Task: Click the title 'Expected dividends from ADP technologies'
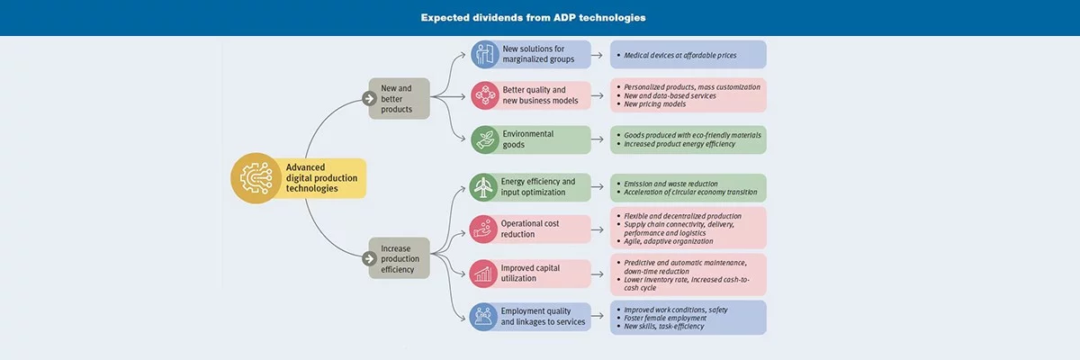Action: pyautogui.click(x=533, y=17)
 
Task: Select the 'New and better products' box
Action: pyautogui.click(x=397, y=98)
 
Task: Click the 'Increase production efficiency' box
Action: pyautogui.click(x=397, y=258)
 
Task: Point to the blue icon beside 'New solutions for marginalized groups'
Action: pyautogui.click(x=485, y=54)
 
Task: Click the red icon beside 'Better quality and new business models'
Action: pyautogui.click(x=485, y=95)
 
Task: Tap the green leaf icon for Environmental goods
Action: pyautogui.click(x=485, y=139)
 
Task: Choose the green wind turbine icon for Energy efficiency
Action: pyautogui.click(x=485, y=187)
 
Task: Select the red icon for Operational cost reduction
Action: pyautogui.click(x=485, y=229)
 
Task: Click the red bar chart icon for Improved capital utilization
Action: pyautogui.click(x=485, y=273)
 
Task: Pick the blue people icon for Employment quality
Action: pyautogui.click(x=485, y=316)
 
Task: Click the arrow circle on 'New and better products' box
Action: pyautogui.click(x=369, y=98)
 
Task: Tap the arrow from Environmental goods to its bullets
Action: pyautogui.click(x=600, y=139)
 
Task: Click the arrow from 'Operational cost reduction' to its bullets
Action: pyautogui.click(x=600, y=229)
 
